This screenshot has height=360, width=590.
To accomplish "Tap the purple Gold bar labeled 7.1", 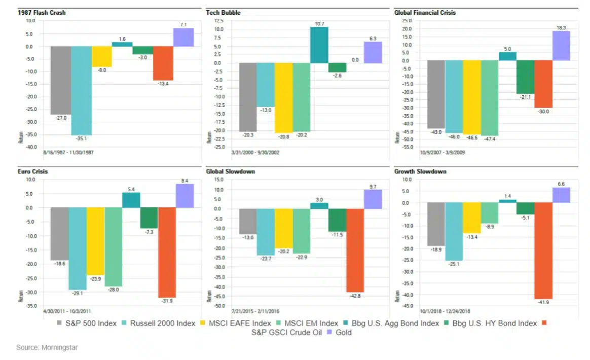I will [x=183, y=37].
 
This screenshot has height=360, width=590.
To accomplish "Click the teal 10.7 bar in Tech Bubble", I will [x=319, y=45].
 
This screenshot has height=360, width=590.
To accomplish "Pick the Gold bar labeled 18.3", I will [x=561, y=46].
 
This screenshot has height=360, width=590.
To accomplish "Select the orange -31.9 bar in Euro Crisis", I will [x=167, y=252].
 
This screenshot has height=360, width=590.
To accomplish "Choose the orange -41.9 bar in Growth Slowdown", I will [x=543, y=250].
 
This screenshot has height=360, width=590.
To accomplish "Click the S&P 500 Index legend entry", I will [x=86, y=323].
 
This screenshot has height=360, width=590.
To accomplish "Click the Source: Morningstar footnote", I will [x=47, y=348].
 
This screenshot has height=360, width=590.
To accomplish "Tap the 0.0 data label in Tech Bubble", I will [x=355, y=59].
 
